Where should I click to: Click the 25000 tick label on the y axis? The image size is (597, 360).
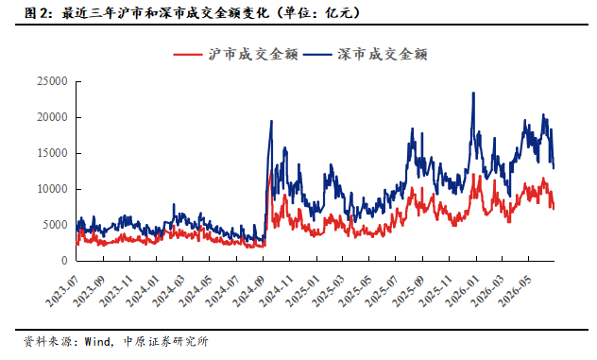point(52,81)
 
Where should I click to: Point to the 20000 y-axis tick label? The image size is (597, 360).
point(52,117)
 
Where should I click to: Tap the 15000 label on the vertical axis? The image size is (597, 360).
point(52,153)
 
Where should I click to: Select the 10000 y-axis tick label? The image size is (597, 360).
point(52,189)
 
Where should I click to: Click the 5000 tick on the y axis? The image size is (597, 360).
point(55,225)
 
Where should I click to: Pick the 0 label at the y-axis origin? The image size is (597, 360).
point(64,261)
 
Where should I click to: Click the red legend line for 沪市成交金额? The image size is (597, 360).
point(188,55)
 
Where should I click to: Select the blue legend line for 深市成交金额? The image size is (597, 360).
point(317,55)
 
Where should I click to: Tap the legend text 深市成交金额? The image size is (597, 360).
point(383,55)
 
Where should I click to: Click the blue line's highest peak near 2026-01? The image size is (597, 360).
point(473,93)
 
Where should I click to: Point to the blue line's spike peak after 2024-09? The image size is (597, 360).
point(271,121)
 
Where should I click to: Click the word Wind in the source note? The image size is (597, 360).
point(97,341)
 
